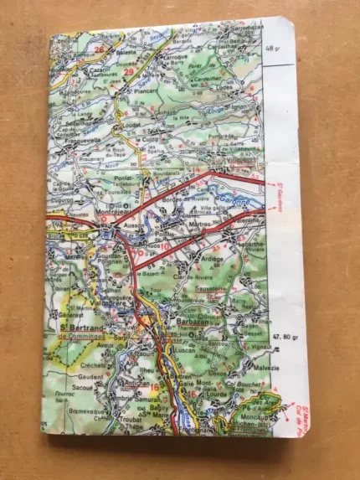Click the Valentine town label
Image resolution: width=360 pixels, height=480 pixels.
coord(244,219)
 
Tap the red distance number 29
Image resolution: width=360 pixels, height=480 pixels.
coord(128,73)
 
